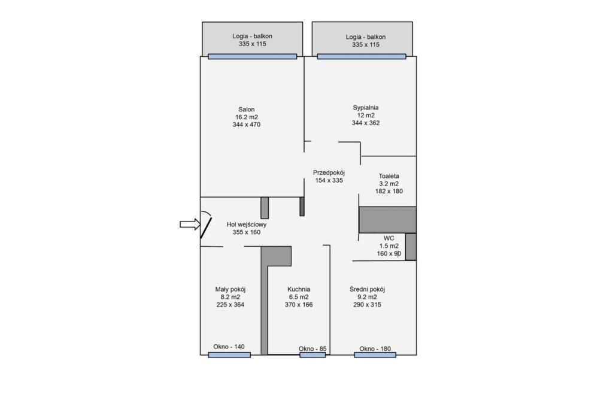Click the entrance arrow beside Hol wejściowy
click(x=190, y=225)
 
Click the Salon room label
click(x=246, y=110)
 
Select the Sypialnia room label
click(x=366, y=108)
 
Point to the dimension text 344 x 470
click(x=246, y=125)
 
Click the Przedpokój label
click(x=329, y=172)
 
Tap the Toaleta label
click(x=389, y=176)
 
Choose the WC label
click(x=389, y=238)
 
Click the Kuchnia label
click(x=299, y=289)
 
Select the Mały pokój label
click(x=230, y=289)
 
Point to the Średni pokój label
click(x=367, y=289)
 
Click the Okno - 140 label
click(x=229, y=346)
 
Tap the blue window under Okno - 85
click(x=312, y=355)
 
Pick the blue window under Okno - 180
click(x=375, y=355)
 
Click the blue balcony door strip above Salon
click(x=252, y=56)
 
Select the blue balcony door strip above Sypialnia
click(x=362, y=56)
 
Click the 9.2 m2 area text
click(x=367, y=297)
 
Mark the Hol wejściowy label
click(x=246, y=225)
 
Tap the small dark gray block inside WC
click(x=411, y=247)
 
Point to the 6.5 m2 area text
click(x=299, y=297)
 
